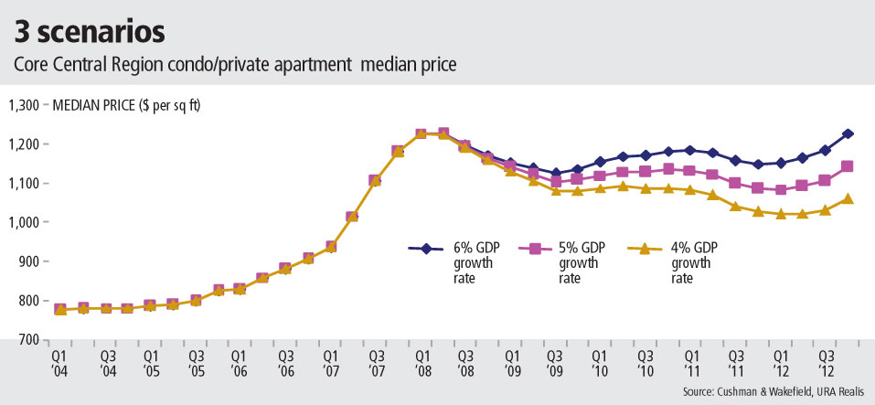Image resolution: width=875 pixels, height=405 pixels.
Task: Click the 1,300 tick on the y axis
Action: click(25, 105)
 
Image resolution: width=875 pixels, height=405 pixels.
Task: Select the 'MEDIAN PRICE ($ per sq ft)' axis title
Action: click(127, 105)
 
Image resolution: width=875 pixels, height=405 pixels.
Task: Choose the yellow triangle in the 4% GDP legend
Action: click(644, 248)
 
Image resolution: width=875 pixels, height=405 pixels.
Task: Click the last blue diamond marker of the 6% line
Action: click(848, 134)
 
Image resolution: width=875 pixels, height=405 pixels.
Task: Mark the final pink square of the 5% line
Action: click(848, 166)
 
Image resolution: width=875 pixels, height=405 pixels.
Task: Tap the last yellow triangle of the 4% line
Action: click(848, 198)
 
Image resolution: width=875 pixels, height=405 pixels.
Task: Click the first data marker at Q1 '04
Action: click(60, 310)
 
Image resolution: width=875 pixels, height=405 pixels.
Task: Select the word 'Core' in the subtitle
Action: click(29, 65)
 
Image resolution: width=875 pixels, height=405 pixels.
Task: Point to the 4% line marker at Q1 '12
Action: click(780, 214)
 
